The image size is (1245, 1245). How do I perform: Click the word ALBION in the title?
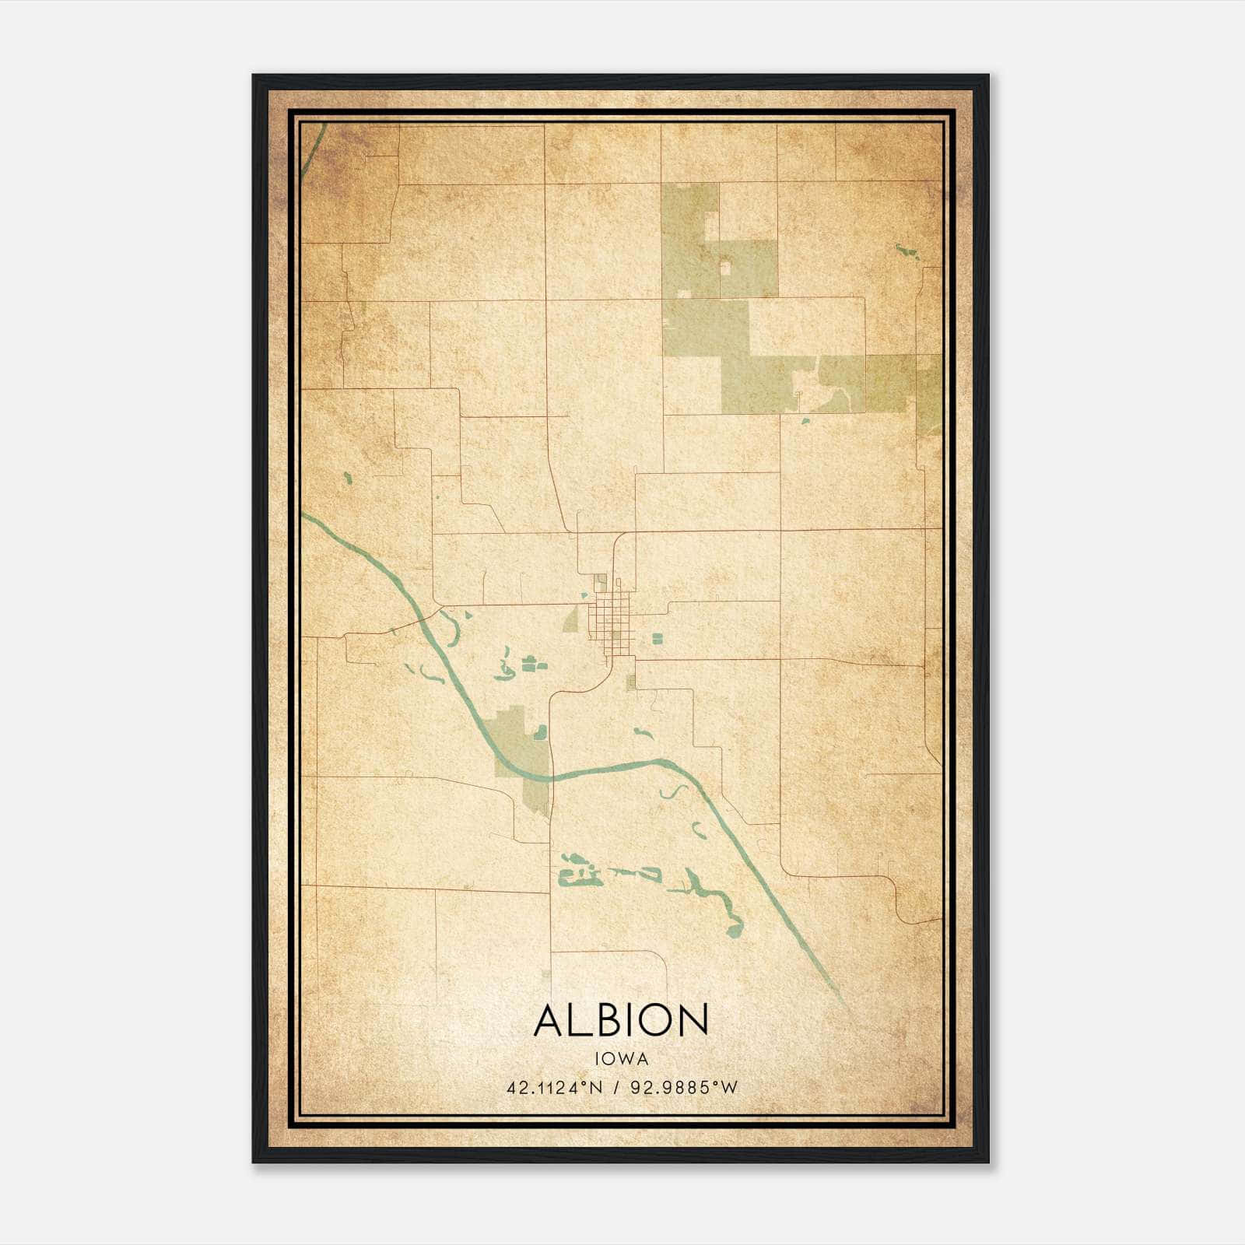tap(621, 1019)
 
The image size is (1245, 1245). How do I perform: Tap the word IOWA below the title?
tap(621, 1059)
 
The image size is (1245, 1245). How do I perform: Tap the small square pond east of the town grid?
tap(657, 638)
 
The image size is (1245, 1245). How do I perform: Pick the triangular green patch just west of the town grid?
tap(572, 619)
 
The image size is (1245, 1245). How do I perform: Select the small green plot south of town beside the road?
tap(631, 682)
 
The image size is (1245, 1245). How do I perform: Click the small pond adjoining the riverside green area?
tap(540, 731)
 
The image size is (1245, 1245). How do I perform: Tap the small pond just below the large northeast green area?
tap(805, 421)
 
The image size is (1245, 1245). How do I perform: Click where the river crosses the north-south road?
tap(550, 777)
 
